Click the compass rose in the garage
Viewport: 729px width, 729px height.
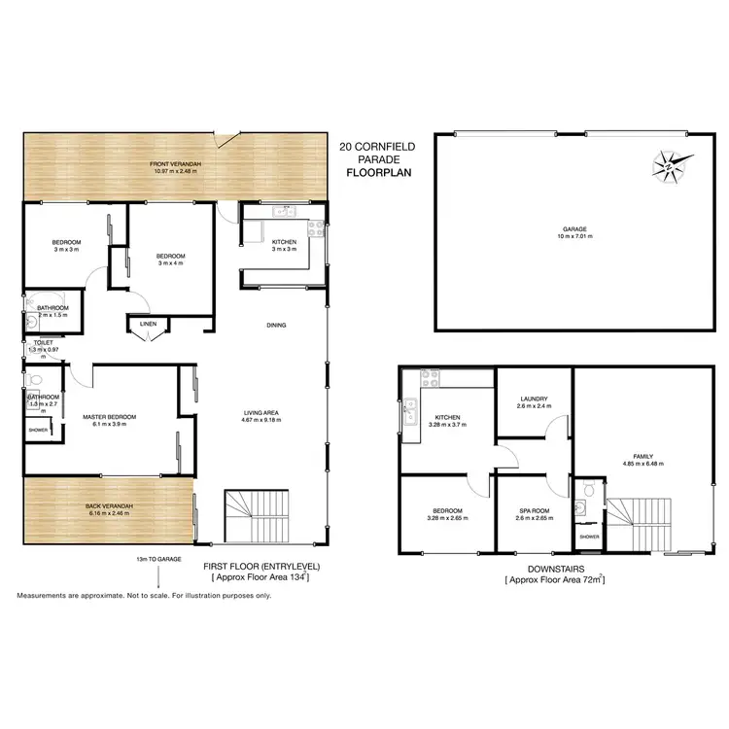[x=670, y=166]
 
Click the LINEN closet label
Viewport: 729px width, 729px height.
[x=148, y=324]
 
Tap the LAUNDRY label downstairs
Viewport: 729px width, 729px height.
[x=534, y=399]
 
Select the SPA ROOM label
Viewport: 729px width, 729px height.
[x=533, y=511]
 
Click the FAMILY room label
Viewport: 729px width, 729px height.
[x=642, y=456]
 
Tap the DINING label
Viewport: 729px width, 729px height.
[x=277, y=325]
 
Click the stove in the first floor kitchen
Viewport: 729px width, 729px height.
[x=316, y=229]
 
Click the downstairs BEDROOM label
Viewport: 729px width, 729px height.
[x=447, y=511]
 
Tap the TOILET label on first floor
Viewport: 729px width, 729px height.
[x=43, y=342]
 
